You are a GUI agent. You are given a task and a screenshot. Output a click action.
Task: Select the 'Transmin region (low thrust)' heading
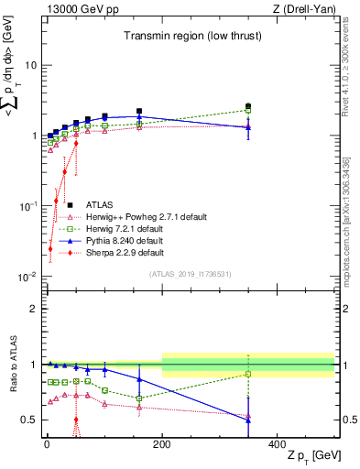coord(188,36)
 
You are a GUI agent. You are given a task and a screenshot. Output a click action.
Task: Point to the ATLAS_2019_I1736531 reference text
coord(190,274)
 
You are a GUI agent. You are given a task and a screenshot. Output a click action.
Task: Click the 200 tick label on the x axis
coord(162,442)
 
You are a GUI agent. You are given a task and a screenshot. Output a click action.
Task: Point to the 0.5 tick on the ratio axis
coord(29,420)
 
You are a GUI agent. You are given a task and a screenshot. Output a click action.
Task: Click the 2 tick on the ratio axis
coord(33,309)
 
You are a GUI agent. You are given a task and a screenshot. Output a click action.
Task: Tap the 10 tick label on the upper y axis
coord(30,65)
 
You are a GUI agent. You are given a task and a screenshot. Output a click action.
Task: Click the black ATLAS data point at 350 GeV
coord(248,106)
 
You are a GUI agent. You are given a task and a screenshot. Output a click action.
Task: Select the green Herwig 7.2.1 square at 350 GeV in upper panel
coord(248,111)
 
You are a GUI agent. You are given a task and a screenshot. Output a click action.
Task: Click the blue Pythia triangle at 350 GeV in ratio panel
coord(248,420)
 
